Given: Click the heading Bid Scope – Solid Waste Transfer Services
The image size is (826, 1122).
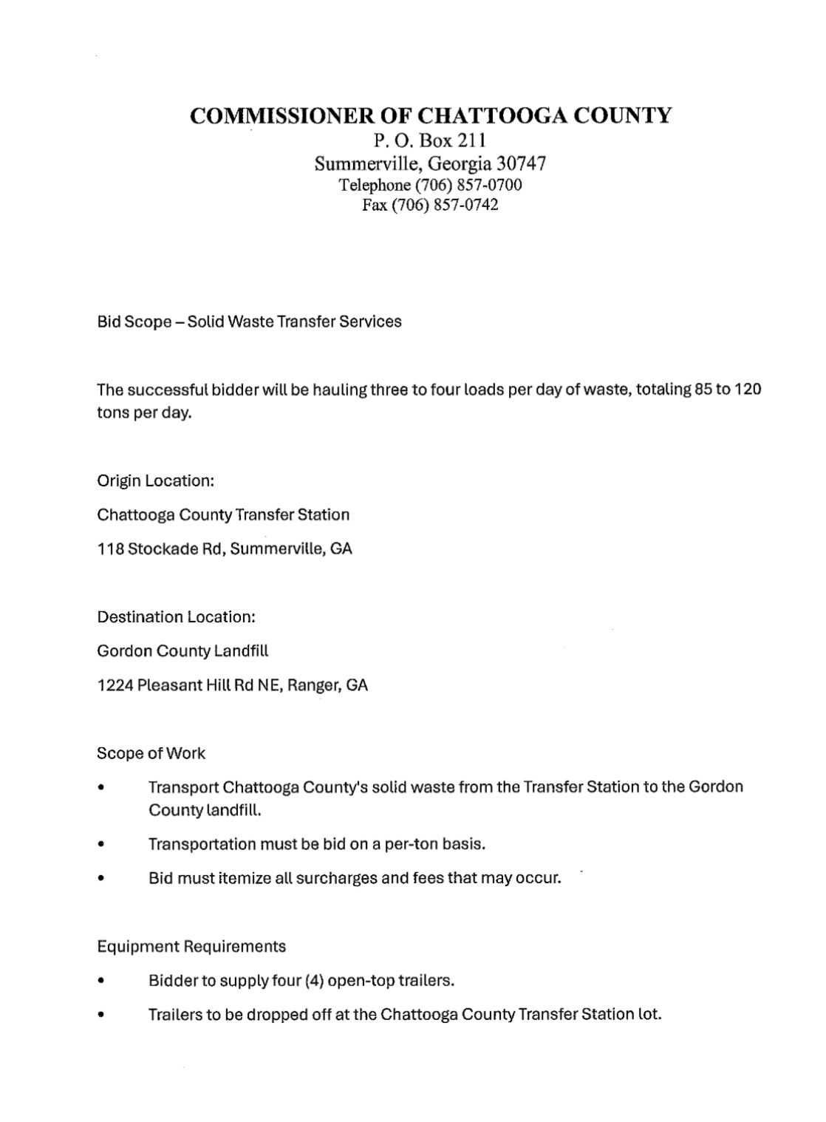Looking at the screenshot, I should (x=249, y=322).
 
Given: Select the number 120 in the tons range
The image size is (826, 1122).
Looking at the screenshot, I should (x=748, y=389).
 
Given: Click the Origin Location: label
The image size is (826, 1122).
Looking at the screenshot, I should (x=155, y=480).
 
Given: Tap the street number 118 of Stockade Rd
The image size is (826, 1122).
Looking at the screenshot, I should (x=109, y=549).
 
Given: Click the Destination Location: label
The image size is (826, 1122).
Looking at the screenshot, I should (x=176, y=616).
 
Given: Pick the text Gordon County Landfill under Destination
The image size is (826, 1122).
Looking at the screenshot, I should (x=182, y=650).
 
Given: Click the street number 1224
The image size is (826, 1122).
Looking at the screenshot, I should (x=115, y=685).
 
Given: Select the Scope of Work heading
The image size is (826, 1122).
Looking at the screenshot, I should (x=151, y=753).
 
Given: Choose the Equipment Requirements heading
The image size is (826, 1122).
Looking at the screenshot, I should (x=191, y=946).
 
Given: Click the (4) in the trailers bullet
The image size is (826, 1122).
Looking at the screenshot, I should (x=313, y=981).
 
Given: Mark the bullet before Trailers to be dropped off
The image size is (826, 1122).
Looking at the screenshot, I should (x=100, y=1015).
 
